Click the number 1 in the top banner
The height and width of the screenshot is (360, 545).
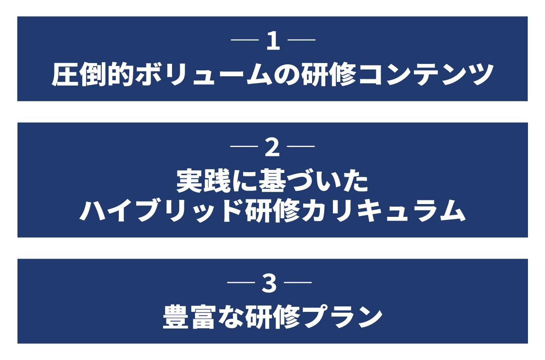tap(273, 42)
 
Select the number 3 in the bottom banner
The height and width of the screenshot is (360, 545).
tap(269, 284)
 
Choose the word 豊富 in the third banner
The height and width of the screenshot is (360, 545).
tap(190, 317)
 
